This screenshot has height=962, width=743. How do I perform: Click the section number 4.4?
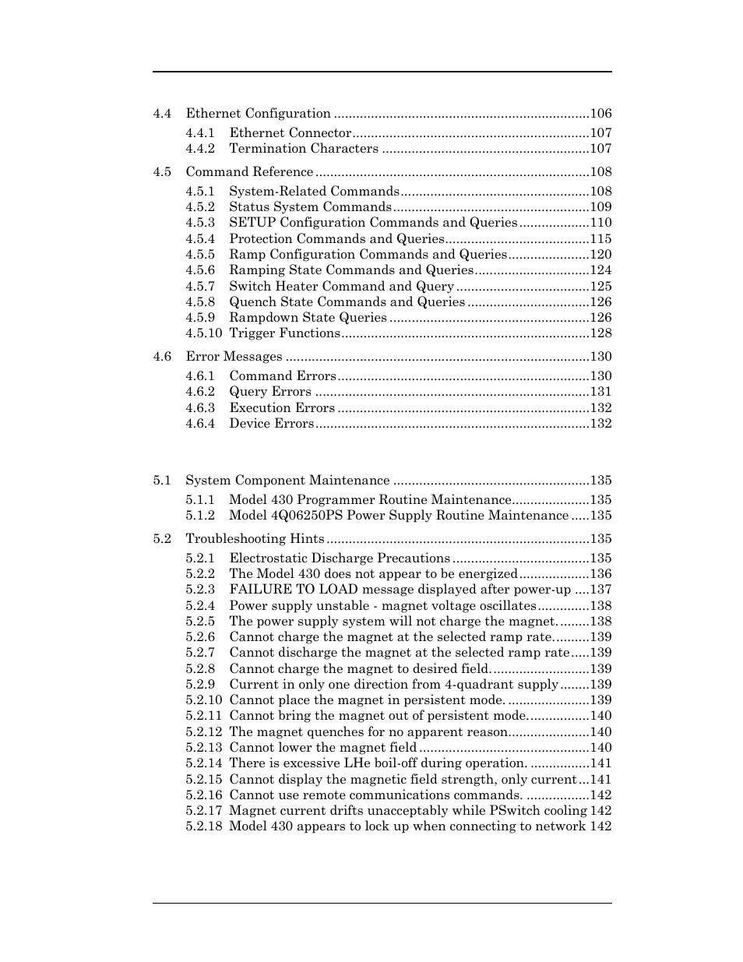[x=162, y=114]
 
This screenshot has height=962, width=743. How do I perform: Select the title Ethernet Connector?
[x=290, y=133]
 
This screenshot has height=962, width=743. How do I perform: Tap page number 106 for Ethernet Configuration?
[x=600, y=114]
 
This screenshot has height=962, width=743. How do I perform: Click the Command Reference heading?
[x=249, y=172]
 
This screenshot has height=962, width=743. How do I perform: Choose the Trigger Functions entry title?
[x=284, y=333]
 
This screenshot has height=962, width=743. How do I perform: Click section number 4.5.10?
[x=203, y=333]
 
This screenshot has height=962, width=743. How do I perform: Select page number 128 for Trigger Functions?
[x=600, y=333]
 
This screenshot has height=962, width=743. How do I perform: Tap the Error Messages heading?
[x=234, y=357]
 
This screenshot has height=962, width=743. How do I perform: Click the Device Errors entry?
[x=271, y=424]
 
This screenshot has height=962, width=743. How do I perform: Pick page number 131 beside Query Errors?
[x=600, y=392]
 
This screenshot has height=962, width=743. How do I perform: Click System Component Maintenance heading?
[x=287, y=481]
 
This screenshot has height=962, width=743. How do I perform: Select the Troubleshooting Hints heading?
[x=255, y=539]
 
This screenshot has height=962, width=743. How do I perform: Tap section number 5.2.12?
[x=203, y=732]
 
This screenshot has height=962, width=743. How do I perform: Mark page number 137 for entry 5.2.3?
[x=600, y=590]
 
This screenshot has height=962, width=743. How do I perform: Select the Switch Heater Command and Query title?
[x=341, y=287]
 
